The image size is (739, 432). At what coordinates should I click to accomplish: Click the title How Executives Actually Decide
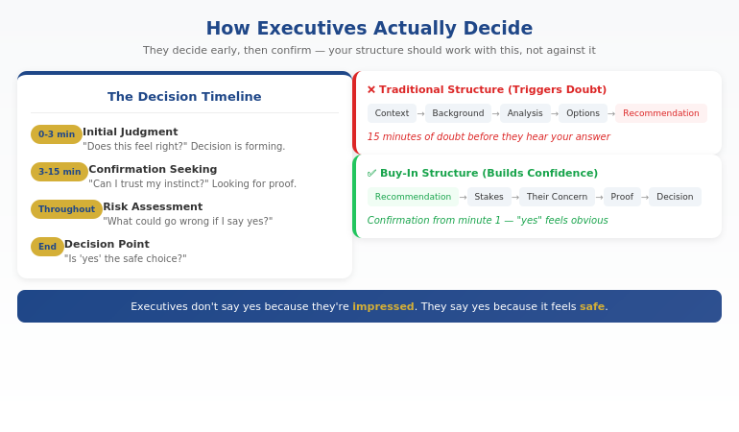369,29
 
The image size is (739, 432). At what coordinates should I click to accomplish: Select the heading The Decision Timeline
184,97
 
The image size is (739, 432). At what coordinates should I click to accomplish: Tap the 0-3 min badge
57,134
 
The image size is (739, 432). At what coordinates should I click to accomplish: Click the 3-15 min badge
60,172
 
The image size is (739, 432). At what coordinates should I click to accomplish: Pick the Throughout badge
66,209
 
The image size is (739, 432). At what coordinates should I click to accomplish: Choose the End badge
47,247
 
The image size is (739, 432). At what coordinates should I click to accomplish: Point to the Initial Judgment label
131,132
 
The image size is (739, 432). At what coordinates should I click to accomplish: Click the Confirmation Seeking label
153,170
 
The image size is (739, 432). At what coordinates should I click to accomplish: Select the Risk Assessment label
153,207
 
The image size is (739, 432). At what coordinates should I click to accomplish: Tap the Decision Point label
107,245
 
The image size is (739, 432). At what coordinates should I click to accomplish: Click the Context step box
392,113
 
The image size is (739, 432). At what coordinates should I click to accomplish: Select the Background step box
458,113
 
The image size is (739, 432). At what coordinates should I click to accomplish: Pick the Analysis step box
525,113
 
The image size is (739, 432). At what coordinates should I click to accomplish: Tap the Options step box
583,113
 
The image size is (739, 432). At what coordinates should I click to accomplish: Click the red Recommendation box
660,113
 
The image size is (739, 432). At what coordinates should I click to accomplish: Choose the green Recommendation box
413,197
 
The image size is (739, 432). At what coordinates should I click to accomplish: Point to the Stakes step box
489,197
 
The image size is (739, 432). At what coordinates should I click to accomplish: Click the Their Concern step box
557,197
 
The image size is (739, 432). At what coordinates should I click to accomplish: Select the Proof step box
622,197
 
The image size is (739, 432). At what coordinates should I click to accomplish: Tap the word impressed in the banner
383,307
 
